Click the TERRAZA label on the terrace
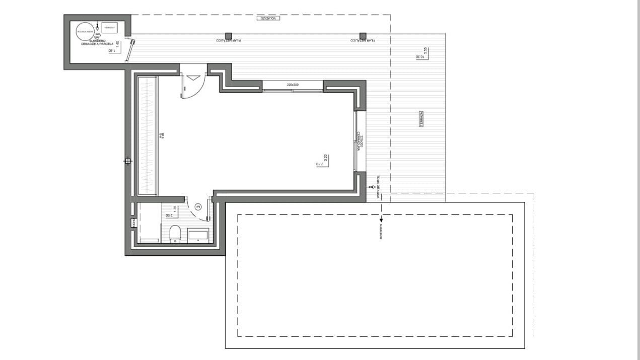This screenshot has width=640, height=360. click(x=421, y=119)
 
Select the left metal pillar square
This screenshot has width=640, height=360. click(x=228, y=36)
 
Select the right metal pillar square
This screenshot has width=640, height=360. click(x=363, y=36)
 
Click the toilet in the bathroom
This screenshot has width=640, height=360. click(x=175, y=234)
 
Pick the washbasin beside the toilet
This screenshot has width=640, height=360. click(x=197, y=234)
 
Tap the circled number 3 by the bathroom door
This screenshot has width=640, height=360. click(x=198, y=206)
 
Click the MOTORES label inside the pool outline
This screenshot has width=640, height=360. click(x=381, y=231)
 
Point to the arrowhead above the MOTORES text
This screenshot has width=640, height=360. click(x=381, y=220)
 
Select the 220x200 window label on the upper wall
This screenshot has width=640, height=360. click(x=293, y=85)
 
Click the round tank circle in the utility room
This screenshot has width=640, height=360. click(x=85, y=32)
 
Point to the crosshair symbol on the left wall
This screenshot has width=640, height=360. click(x=128, y=161)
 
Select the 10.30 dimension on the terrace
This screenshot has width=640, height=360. click(x=419, y=56)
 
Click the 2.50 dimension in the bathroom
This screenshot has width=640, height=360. click(x=169, y=215)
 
